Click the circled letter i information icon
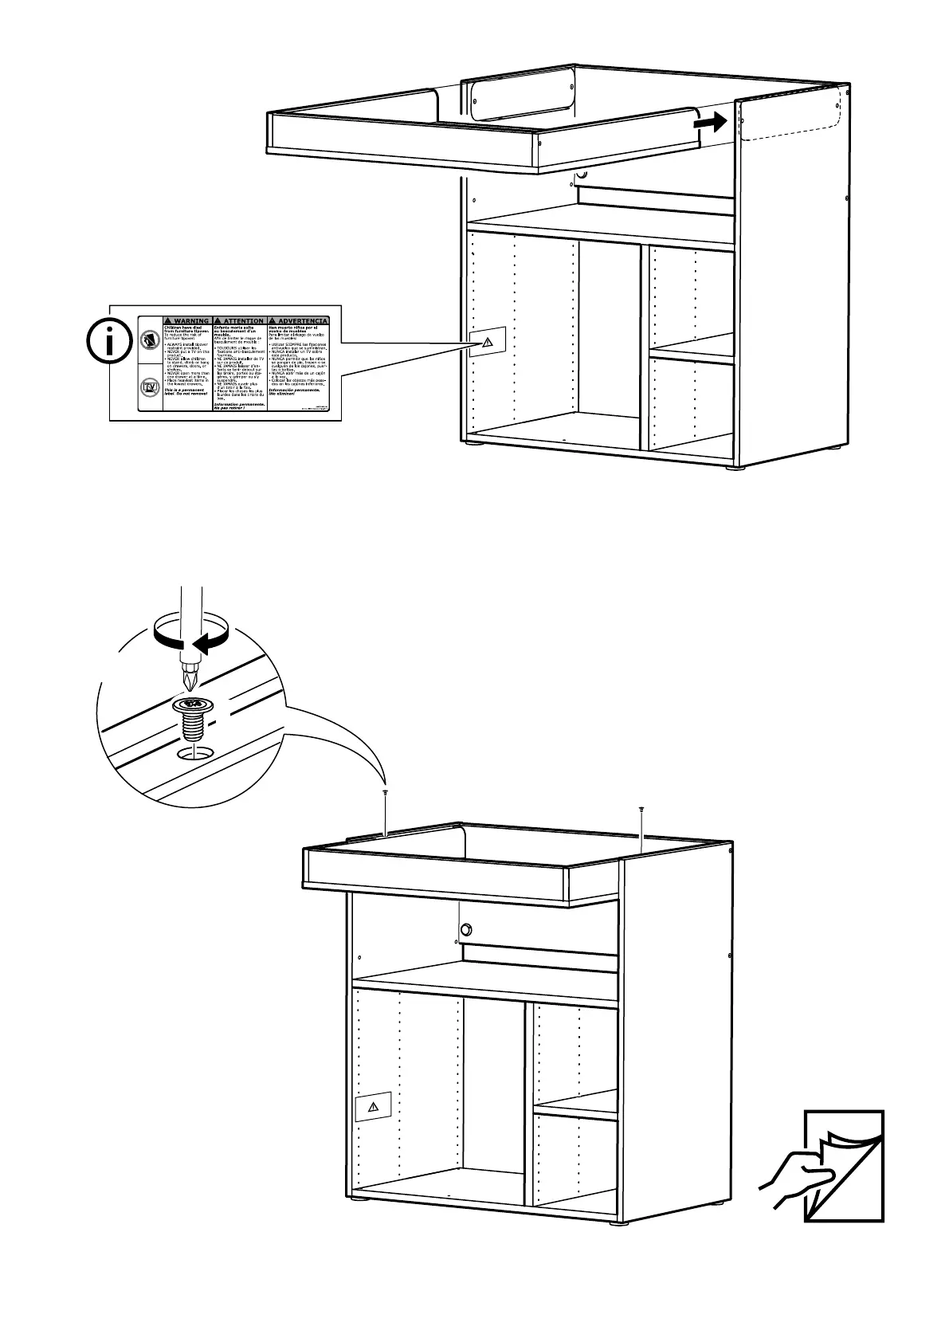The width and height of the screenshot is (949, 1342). point(109,343)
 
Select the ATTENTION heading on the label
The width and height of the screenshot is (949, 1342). point(240,320)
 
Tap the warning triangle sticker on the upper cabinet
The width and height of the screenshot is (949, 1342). point(487,342)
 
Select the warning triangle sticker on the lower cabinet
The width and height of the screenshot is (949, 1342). point(372,1107)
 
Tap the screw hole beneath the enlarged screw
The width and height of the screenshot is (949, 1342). point(195,753)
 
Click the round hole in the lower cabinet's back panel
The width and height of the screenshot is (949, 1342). point(466,929)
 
